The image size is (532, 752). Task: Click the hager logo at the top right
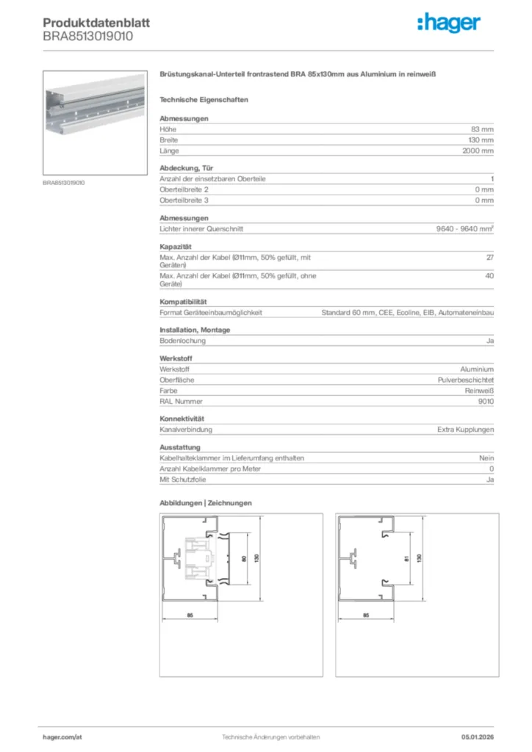[450, 24]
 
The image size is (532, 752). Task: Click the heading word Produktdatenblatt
[96, 23]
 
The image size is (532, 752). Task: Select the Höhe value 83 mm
[482, 129]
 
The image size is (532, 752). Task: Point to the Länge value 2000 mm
[478, 151]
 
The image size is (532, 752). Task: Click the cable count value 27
[489, 257]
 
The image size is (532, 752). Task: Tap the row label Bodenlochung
[182, 341]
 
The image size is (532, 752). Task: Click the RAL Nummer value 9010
[485, 401]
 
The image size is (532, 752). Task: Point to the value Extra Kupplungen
[465, 430]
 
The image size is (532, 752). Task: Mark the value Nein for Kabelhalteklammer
[486, 458]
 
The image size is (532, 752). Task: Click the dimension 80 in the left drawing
[243, 558]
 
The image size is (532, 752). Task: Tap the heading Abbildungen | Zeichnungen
[206, 503]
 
